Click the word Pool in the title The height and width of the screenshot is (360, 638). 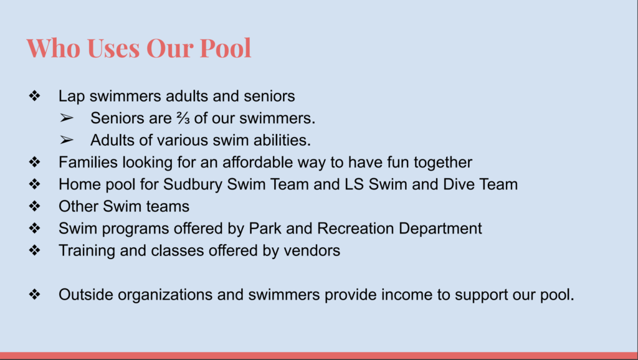coord(226,48)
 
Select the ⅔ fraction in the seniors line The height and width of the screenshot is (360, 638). coord(183,118)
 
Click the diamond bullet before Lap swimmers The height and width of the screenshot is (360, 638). coord(35,96)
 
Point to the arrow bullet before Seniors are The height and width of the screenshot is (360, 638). coord(66,118)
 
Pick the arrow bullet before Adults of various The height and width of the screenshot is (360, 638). coord(66,140)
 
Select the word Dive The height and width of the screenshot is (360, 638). coord(458,184)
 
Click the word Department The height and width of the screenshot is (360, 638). coord(440,229)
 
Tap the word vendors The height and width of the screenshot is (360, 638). coord(312,250)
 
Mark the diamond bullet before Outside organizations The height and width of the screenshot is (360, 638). coord(35,294)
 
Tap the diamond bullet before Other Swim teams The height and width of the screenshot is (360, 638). coord(35,206)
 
